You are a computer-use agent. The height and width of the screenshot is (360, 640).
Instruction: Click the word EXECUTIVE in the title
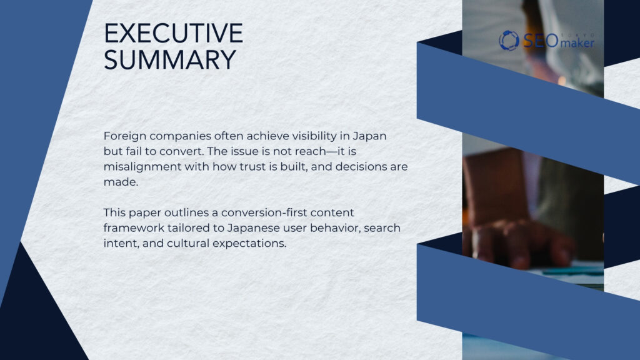click(173, 34)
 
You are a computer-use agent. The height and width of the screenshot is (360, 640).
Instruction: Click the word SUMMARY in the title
click(169, 60)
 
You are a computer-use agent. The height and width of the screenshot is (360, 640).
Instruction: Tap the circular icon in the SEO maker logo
click(509, 41)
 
